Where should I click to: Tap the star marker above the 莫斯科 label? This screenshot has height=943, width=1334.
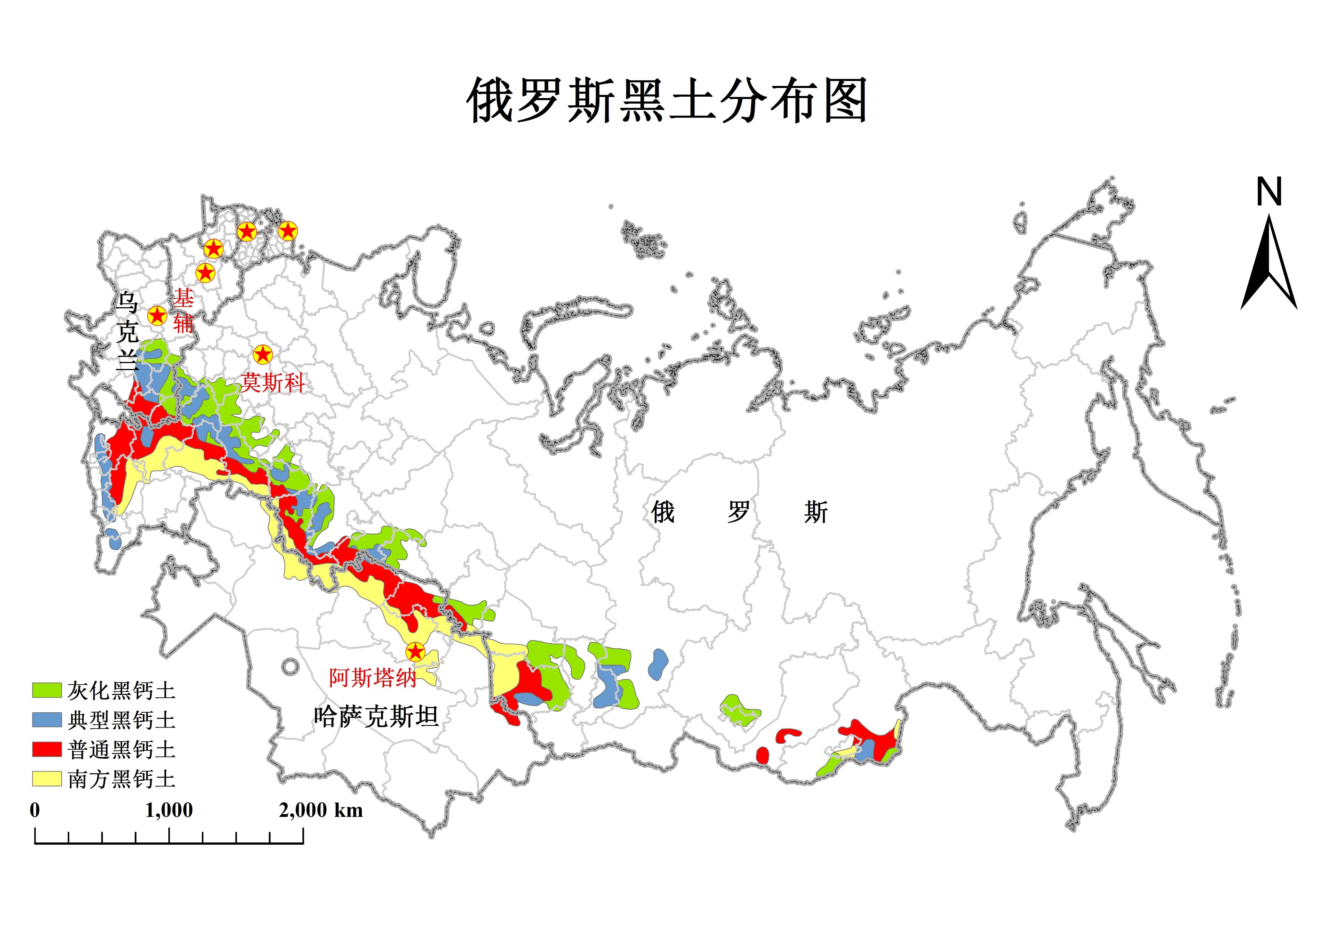pos(263,354)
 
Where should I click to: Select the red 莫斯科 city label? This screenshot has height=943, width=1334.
pos(273,382)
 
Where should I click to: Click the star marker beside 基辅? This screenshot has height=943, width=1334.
pos(158,316)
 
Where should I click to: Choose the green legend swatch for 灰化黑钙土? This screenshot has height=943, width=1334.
pos(46,690)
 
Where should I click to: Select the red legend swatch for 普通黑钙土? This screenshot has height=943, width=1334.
pos(46,749)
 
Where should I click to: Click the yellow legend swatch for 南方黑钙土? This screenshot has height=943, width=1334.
pos(46,778)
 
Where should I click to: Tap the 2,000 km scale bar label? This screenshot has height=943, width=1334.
pos(321,810)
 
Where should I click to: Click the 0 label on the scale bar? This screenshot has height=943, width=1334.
pos(35,810)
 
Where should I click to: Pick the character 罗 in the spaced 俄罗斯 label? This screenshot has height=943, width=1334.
pos(738,512)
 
